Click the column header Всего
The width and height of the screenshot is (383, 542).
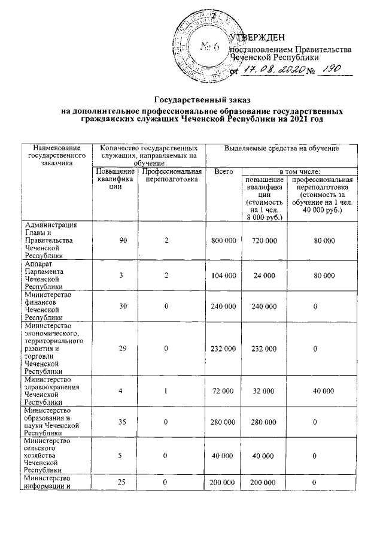(223, 172)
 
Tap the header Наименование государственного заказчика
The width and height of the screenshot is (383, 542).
(57, 154)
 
